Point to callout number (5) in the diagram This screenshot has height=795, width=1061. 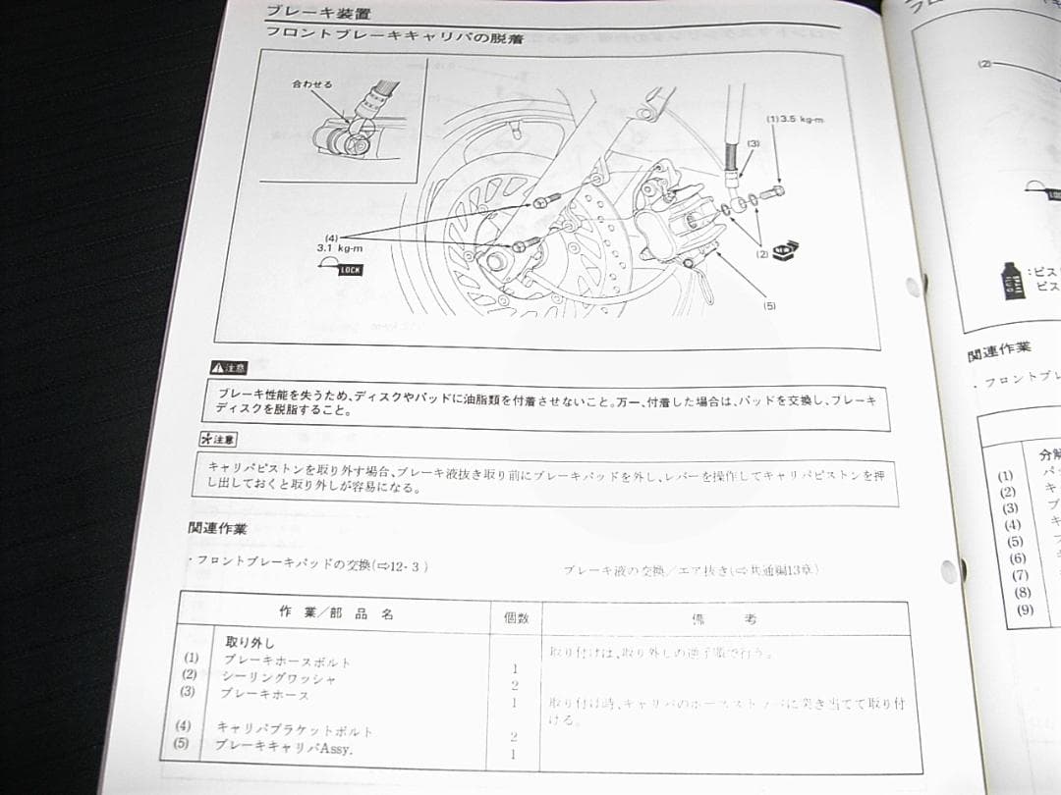tap(769, 305)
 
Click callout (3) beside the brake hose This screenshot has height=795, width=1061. tap(753, 143)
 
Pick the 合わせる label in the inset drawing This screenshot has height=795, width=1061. tap(311, 84)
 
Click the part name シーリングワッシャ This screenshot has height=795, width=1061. tap(279, 677)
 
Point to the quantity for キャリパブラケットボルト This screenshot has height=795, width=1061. tap(513, 736)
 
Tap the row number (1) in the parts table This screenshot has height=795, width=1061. tap(191, 658)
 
